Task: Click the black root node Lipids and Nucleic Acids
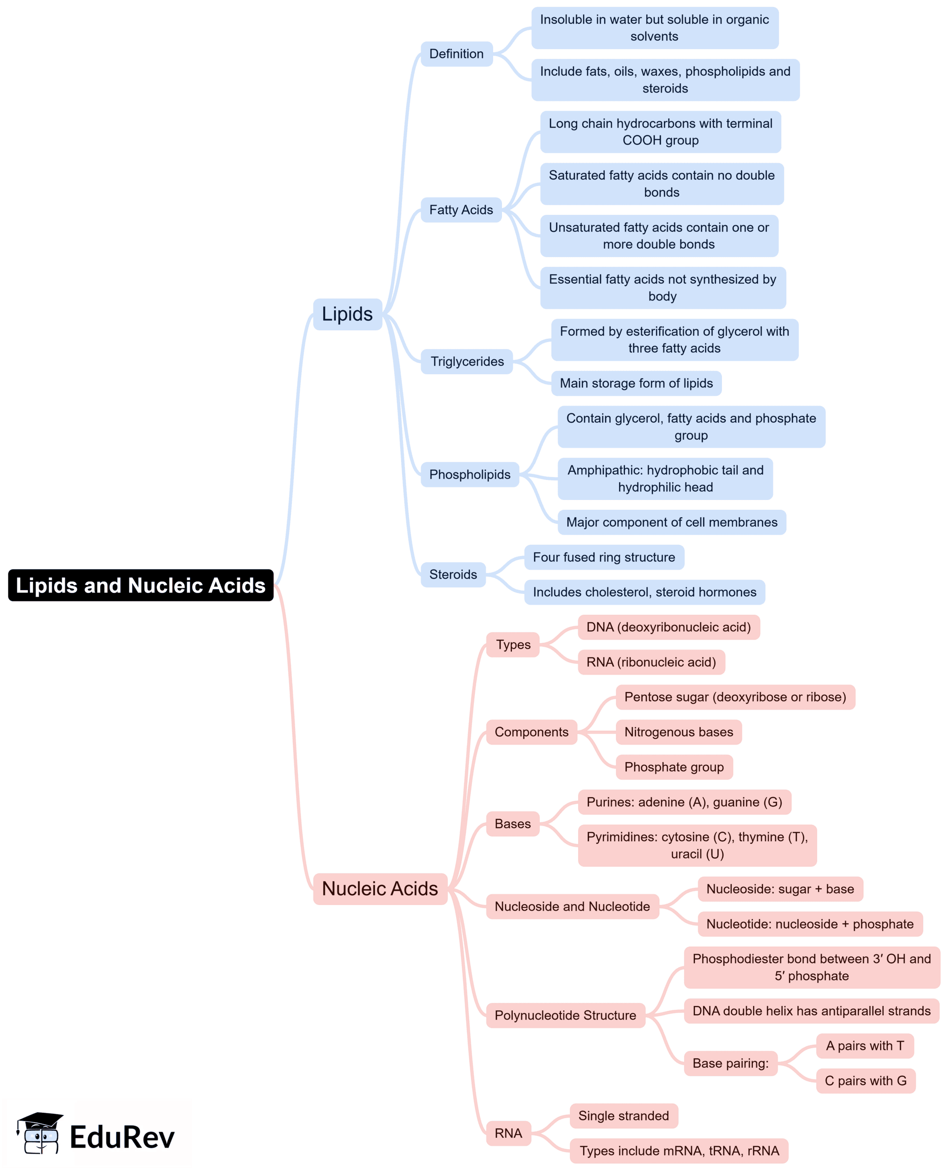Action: pyautogui.click(x=141, y=585)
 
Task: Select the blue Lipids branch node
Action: pyautogui.click(x=347, y=314)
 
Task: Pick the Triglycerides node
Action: pyautogui.click(x=467, y=361)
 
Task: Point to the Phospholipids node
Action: pyautogui.click(x=470, y=474)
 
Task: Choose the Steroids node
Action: pyautogui.click(x=453, y=574)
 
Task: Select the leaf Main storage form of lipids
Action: pyautogui.click(x=636, y=383)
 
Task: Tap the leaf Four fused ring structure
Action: pyautogui.click(x=604, y=557)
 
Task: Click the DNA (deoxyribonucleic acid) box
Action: pyautogui.click(x=668, y=627)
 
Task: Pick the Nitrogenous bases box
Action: pyautogui.click(x=678, y=732)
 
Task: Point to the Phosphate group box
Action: pyautogui.click(x=674, y=767)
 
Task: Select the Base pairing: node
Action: pyautogui.click(x=730, y=1063)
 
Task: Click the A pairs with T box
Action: pyautogui.click(x=865, y=1046)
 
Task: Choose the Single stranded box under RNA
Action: pyautogui.click(x=623, y=1115)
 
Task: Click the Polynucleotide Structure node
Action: pyautogui.click(x=565, y=1015)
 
